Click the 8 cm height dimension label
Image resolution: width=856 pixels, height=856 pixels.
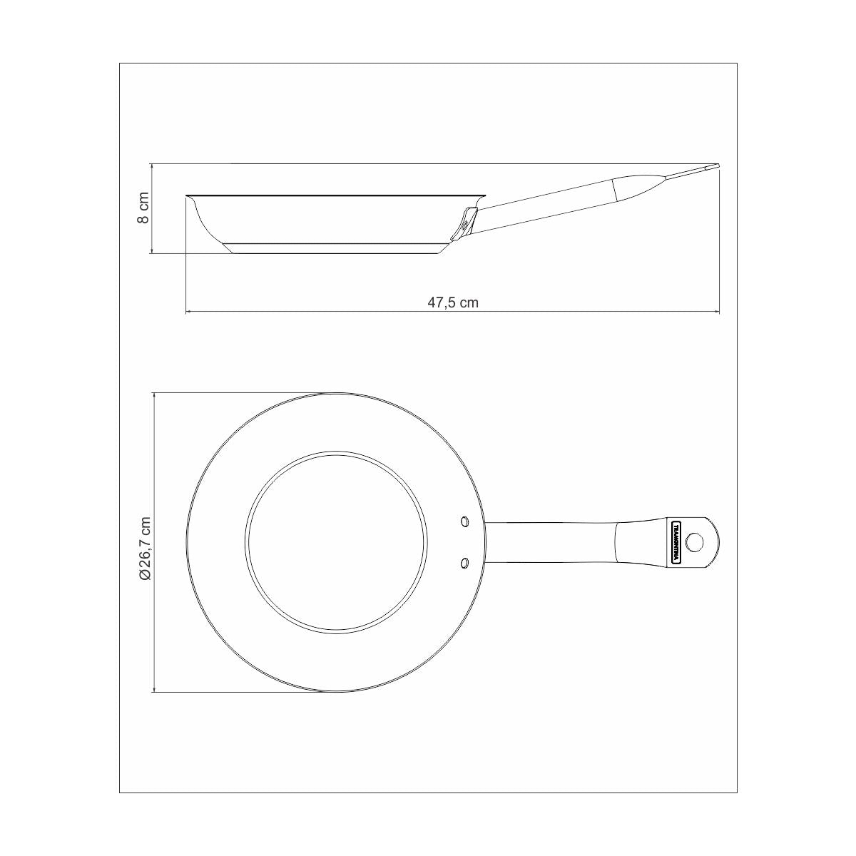144,208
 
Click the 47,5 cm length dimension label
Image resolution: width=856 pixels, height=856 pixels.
453,303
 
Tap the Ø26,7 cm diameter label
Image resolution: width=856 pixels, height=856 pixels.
146,549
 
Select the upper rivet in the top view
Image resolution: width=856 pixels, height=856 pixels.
465,521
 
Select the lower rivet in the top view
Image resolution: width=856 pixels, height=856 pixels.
465,564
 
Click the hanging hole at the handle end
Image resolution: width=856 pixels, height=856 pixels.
695,542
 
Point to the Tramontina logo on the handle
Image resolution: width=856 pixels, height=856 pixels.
676,542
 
